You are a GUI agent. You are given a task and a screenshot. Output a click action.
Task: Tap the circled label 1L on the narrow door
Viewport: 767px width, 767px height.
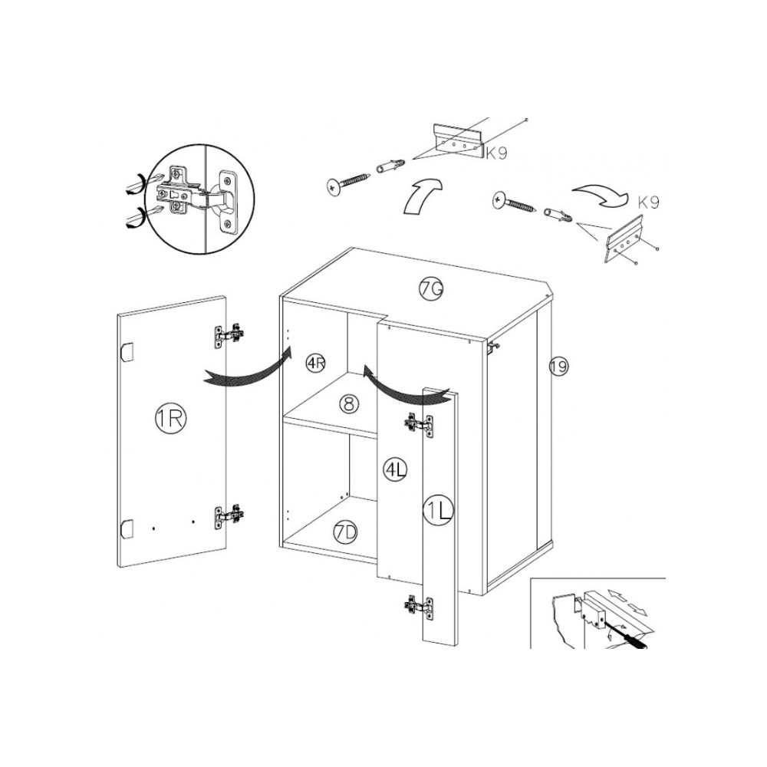click(x=438, y=511)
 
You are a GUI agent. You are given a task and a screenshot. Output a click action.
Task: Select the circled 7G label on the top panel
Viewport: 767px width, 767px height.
click(x=431, y=289)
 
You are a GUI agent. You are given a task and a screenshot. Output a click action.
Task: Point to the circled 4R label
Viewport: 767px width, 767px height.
click(x=315, y=364)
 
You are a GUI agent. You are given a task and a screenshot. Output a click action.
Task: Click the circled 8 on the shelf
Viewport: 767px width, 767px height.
click(x=349, y=404)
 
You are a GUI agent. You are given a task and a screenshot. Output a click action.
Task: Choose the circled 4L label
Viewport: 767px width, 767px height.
click(x=395, y=469)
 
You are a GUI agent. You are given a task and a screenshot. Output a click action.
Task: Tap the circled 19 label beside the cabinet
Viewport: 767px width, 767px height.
click(x=558, y=366)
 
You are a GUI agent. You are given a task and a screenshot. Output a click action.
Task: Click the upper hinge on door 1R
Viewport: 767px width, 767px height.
click(x=229, y=335)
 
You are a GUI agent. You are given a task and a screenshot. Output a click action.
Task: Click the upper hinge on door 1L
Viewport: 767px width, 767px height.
click(x=419, y=425)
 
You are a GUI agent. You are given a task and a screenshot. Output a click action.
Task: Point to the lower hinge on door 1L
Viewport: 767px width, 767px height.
click(x=419, y=607)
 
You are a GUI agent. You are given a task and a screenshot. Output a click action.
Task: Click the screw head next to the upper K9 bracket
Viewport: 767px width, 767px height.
click(x=333, y=188)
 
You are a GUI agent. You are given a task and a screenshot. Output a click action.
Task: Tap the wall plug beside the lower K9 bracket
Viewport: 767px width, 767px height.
click(x=559, y=215)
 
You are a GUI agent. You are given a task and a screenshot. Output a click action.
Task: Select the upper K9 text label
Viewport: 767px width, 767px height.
click(x=496, y=153)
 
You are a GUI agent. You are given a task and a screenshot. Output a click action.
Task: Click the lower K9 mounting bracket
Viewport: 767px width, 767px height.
click(x=624, y=239)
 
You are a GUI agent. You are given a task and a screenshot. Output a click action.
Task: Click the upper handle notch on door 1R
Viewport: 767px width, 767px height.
click(x=127, y=353)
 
